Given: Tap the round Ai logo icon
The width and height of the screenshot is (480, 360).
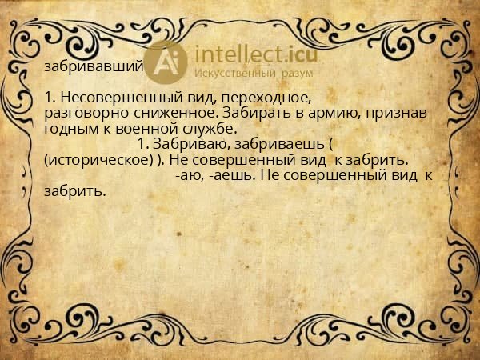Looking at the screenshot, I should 166,62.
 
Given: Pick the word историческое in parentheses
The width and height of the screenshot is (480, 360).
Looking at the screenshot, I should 99,159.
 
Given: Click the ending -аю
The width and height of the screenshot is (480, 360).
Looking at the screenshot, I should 186,175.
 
